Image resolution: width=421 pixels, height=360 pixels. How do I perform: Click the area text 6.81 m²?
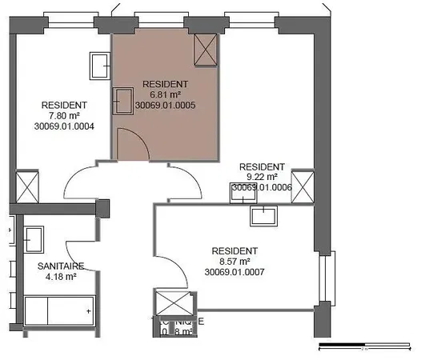pos(164,94)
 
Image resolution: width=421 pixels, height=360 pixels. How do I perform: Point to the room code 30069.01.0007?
pos(235,272)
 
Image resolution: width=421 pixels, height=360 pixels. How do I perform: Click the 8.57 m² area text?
pos(235,262)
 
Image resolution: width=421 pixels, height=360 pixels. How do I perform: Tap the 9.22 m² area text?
pos(262,177)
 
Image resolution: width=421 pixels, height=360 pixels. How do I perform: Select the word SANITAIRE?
pos(56,266)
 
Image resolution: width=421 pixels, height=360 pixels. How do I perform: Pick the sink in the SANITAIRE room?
pos(34,238)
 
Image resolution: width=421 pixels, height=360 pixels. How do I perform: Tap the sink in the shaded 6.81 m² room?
pos(124,100)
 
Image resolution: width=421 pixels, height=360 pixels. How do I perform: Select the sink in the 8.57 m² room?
pos(263,214)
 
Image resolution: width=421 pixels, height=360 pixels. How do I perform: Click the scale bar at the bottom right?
pos(364,347)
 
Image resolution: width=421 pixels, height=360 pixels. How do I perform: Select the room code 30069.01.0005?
pos(166,105)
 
